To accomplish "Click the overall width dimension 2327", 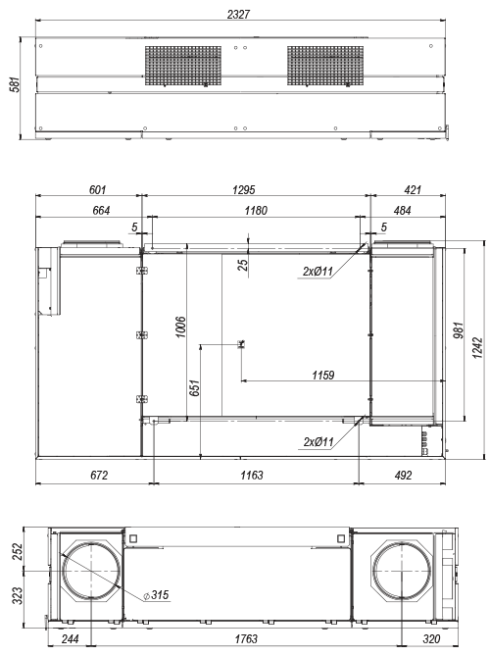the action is coord(238,15).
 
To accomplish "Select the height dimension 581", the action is coord(15,84).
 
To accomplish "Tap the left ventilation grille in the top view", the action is coord(183,66).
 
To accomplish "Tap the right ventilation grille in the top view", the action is coord(325,66).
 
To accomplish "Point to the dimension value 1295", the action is coord(243,190).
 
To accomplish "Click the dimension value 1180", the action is coord(256,211).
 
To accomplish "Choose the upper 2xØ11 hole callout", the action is coord(318,272).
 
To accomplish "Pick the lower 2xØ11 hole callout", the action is coord(318,442).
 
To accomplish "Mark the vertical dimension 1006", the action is coord(180,328).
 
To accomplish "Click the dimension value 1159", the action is coord(323,375).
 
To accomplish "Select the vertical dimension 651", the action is coord(195,388).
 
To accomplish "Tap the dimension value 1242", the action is coord(477,348).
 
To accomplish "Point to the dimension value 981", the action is coord(459,330).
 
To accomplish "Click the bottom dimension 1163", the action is coord(252,476).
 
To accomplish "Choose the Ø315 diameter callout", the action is coord(156,594).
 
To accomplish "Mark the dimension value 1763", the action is coord(246,639).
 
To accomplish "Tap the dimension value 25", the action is coord(243,265).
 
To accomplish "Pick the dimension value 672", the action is coord(99,476).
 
